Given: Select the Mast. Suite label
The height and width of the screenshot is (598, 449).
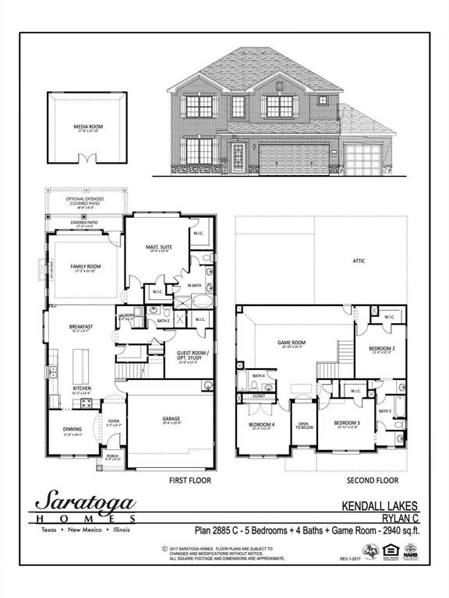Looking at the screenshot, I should point(158,247).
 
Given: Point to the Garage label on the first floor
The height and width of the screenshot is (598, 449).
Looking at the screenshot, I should point(171,419).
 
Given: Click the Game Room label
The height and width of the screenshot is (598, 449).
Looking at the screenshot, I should point(292,342).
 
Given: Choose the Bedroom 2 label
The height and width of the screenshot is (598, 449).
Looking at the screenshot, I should point(382,348).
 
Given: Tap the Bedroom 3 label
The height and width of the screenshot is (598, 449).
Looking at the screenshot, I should point(346,424).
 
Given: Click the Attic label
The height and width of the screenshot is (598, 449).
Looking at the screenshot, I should point(359,261).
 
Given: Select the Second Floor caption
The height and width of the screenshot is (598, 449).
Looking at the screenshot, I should point(372,480).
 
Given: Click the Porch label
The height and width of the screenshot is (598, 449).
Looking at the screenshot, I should point(112,456).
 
